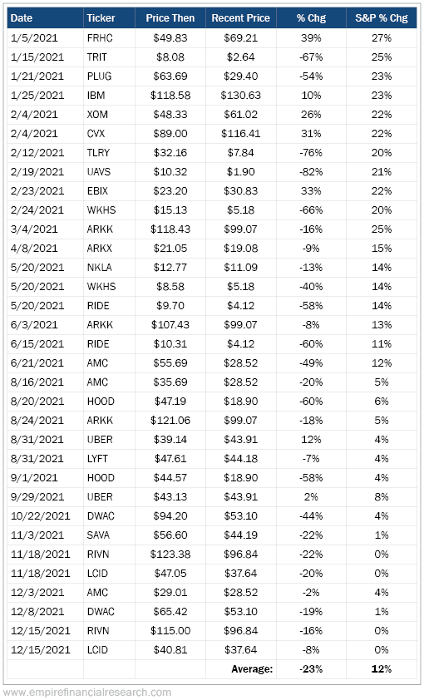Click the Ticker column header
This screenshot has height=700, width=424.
pyautogui.click(x=101, y=18)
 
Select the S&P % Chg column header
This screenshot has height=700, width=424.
pyautogui.click(x=382, y=18)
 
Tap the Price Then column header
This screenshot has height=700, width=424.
pyautogui.click(x=170, y=18)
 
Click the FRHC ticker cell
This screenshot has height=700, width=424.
pyautogui.click(x=100, y=38)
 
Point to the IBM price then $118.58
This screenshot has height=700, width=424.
pyautogui.click(x=170, y=96)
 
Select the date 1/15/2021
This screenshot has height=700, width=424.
pyautogui.click(x=37, y=57)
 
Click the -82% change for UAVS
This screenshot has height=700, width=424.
pyautogui.click(x=311, y=172)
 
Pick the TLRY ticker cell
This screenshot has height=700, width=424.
pyautogui.click(x=98, y=153)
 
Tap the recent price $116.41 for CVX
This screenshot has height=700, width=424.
pyautogui.click(x=240, y=134)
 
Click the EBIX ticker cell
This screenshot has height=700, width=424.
pyautogui.click(x=98, y=191)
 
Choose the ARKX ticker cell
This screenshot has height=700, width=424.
pyautogui.click(x=100, y=249)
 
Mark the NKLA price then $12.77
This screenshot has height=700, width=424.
pyautogui.click(x=170, y=268)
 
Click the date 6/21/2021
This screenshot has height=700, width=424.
pyautogui.click(x=37, y=363)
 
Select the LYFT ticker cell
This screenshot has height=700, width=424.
pyautogui.click(x=97, y=458)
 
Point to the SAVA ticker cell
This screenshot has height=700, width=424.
pyautogui.click(x=98, y=535)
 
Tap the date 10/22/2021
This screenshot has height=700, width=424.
pyautogui.click(x=40, y=516)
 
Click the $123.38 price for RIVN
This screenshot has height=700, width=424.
pyautogui.click(x=170, y=554)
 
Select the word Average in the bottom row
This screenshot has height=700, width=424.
pyautogui.click(x=252, y=668)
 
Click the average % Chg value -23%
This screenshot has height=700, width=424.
pyautogui.click(x=311, y=668)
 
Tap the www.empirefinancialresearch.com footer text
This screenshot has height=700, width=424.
pyautogui.click(x=87, y=693)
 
